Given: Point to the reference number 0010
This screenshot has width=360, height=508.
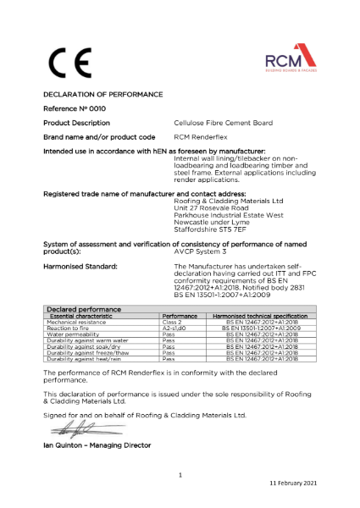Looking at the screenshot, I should tap(94, 109).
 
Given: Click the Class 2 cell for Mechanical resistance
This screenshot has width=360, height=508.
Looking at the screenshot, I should tap(172, 323).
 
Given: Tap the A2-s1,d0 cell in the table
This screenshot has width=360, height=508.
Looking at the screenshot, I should tap(174, 329).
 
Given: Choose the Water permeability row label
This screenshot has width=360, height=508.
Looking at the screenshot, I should tap(76, 335).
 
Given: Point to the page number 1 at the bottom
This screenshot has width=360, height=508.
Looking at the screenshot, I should tap(180, 475).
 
